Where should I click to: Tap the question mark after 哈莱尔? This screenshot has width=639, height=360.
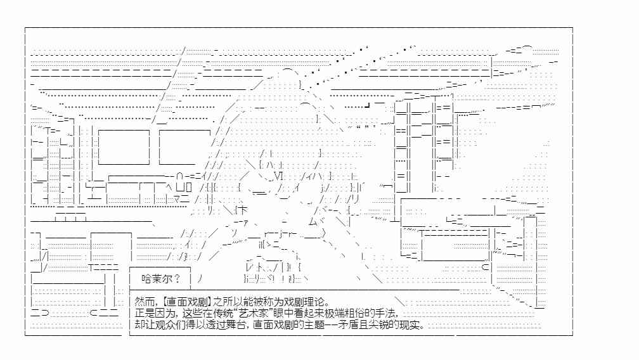coord(177,279)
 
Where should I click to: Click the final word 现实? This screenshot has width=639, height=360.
coord(409,325)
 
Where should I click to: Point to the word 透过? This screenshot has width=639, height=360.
coord(216,325)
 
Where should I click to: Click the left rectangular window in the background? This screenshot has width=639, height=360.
coord(124,147)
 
